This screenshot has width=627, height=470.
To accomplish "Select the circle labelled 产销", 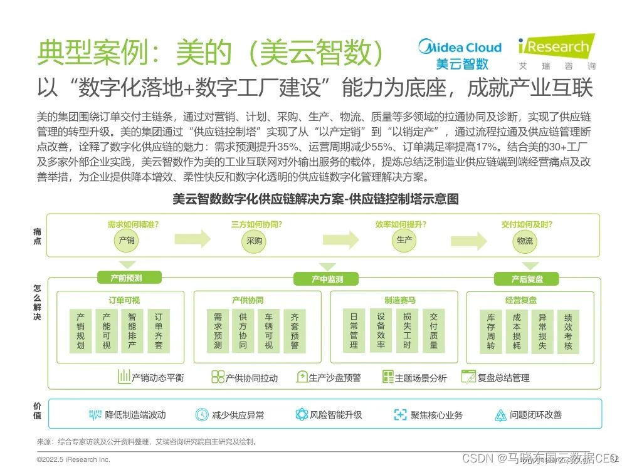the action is tap(126, 240).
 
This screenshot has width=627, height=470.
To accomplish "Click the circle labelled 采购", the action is tap(254, 241).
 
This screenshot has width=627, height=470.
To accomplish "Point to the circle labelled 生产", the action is tap(404, 240).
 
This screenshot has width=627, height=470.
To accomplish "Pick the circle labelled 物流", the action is tap(525, 241).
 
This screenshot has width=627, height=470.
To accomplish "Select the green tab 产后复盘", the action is tap(527, 278).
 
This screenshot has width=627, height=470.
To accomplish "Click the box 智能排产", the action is tap(132, 332).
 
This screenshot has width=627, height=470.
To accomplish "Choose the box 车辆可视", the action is tap(268, 332).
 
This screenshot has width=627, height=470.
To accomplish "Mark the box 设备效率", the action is tap(381, 331).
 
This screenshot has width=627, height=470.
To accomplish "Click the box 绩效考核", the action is tap(568, 332).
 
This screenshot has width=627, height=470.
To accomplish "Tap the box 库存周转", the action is tap(491, 332).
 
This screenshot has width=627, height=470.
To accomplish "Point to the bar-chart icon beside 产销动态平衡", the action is tap(123, 377).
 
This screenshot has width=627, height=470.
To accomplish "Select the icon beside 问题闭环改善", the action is tap(500, 415).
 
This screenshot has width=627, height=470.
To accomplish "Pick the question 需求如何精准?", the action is tap(132, 224).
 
